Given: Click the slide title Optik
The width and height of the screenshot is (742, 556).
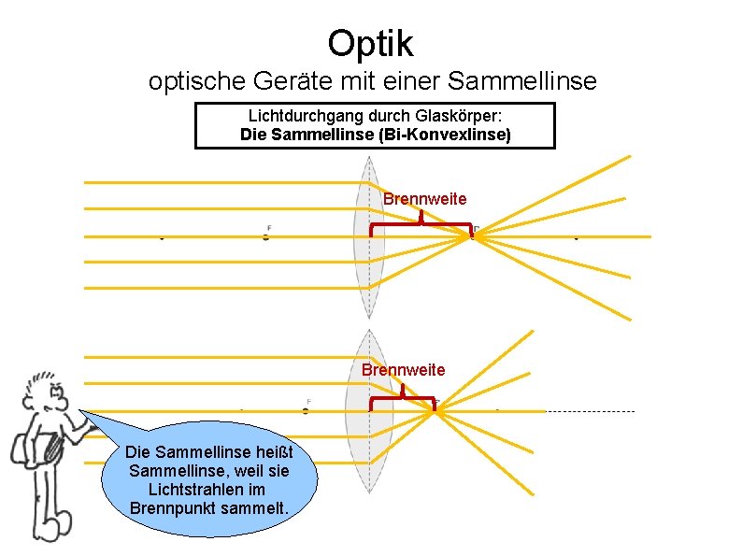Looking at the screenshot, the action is click(370, 42).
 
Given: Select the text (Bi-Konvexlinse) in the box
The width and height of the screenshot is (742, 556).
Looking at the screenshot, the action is click(450, 135).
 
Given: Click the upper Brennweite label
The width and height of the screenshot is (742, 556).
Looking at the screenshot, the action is click(424, 199).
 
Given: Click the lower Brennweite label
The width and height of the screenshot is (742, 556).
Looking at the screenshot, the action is click(403, 369).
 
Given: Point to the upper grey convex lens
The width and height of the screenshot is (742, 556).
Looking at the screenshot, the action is click(370, 236).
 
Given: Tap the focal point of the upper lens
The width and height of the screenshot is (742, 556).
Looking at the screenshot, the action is click(472, 235).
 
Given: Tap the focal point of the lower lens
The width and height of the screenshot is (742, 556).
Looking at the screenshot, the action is click(435, 407).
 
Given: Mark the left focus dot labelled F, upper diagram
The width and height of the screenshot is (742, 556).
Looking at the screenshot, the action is click(266, 237).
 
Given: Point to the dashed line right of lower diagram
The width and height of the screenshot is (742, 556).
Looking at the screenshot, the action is click(590, 411).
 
